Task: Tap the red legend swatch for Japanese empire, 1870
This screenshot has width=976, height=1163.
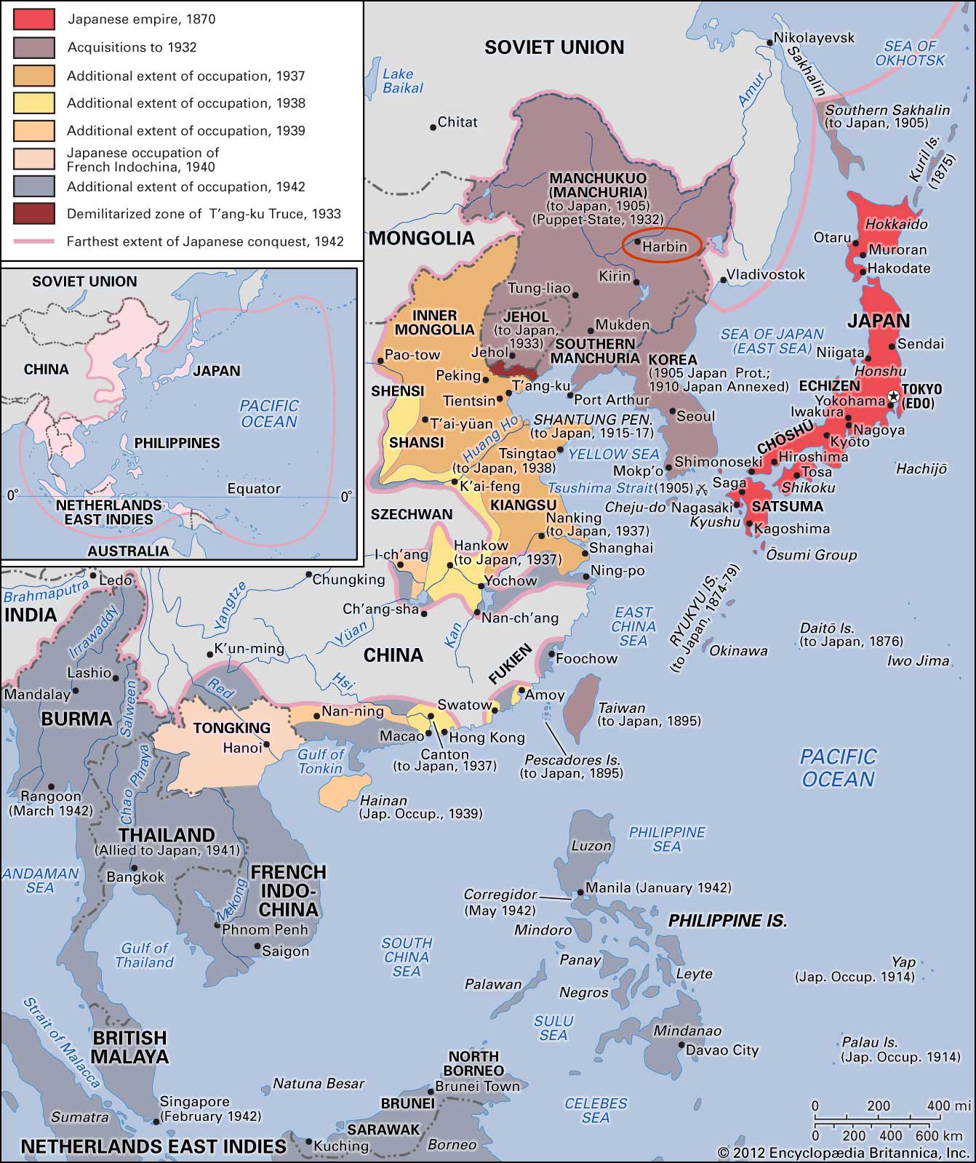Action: pos(33,20)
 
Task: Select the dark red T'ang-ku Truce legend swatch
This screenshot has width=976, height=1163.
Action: pos(33,214)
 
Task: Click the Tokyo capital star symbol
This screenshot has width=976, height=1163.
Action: pos(892,396)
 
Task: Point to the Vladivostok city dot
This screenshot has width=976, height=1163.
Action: pos(721,279)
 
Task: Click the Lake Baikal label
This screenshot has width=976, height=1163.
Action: pos(402,81)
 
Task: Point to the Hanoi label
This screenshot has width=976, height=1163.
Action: pos(242,748)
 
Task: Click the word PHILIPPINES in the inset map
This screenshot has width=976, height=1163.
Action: pos(177,443)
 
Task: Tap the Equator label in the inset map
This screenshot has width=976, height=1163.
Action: pos(254,489)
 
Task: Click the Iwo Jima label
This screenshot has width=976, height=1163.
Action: pos(918,660)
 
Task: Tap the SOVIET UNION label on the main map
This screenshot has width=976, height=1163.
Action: pos(554,47)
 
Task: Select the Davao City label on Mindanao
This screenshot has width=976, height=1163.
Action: pos(724,1050)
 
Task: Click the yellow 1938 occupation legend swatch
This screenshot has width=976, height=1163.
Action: pos(33,103)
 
